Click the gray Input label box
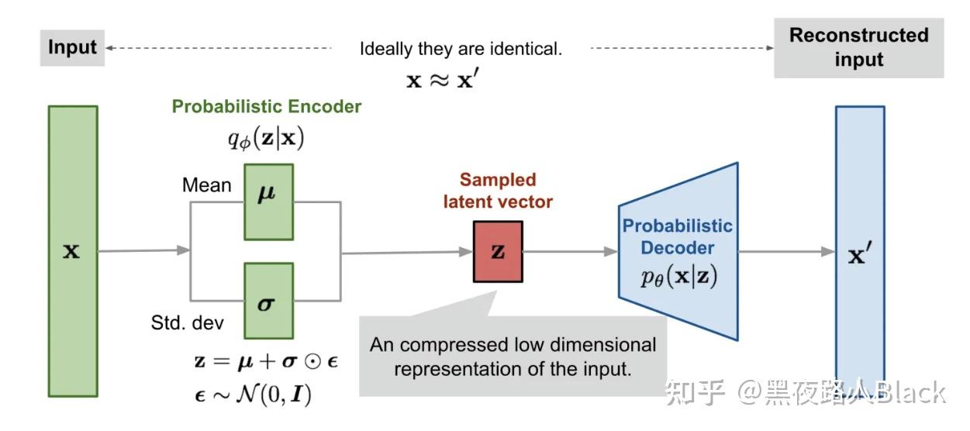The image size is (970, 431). (x=72, y=47)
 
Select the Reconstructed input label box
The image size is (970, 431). (x=858, y=48)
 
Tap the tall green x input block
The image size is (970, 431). (x=72, y=251)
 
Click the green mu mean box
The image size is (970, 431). (x=268, y=202)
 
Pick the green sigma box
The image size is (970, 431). (x=268, y=301)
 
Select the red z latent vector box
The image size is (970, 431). (x=498, y=251)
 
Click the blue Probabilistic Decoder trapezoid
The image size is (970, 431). (x=678, y=251)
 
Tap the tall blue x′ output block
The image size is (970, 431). (x=859, y=251)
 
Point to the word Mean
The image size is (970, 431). (x=206, y=185)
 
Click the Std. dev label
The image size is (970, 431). (x=185, y=323)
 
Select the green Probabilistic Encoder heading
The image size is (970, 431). (x=267, y=106)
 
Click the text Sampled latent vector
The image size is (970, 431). (x=498, y=191)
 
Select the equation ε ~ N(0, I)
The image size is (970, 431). (x=253, y=396)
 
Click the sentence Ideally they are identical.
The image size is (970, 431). (x=461, y=49)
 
